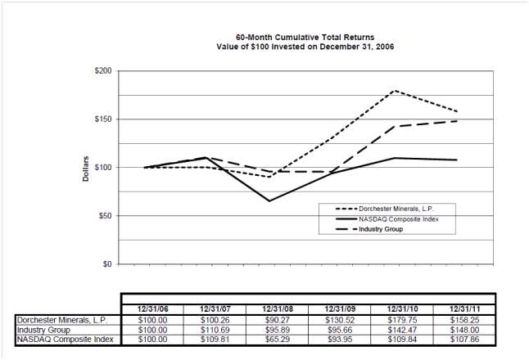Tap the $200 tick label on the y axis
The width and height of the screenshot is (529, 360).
(x=102, y=71)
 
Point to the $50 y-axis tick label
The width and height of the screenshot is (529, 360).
(x=104, y=216)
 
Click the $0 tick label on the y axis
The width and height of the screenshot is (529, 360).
(x=107, y=264)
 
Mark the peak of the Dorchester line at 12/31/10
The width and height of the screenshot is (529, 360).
(x=395, y=90)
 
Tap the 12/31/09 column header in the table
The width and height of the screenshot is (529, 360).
(x=339, y=308)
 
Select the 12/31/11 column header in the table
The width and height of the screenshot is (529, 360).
(x=463, y=308)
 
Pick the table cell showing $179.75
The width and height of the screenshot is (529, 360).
(x=401, y=319)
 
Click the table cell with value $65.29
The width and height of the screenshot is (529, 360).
(x=277, y=339)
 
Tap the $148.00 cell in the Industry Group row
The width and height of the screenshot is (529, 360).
(x=463, y=329)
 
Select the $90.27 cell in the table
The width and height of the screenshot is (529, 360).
(x=277, y=319)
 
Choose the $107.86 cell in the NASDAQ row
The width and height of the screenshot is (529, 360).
(x=463, y=339)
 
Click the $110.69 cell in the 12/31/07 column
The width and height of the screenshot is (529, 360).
(x=215, y=329)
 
